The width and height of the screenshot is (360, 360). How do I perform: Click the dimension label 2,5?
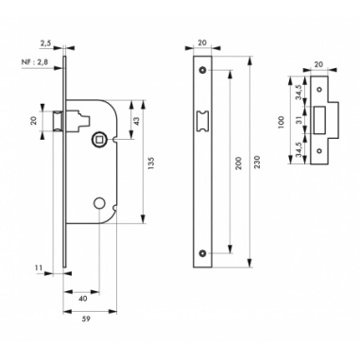tap(45, 43)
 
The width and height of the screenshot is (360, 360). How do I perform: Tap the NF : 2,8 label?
tap(35, 62)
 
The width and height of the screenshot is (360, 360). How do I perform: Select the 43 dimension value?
tap(136, 120)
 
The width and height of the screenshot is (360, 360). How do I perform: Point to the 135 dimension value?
tap(150, 163)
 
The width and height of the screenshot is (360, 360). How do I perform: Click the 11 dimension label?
tap(39, 267)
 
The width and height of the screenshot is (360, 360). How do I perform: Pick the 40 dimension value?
tap(82, 299)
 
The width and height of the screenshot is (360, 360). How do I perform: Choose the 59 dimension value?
tap(86, 318)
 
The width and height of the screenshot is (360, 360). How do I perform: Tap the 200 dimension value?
tap(238, 163)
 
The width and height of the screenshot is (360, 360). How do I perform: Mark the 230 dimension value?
tap(257, 162)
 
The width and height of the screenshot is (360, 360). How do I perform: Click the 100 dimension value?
tap(282, 122)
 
